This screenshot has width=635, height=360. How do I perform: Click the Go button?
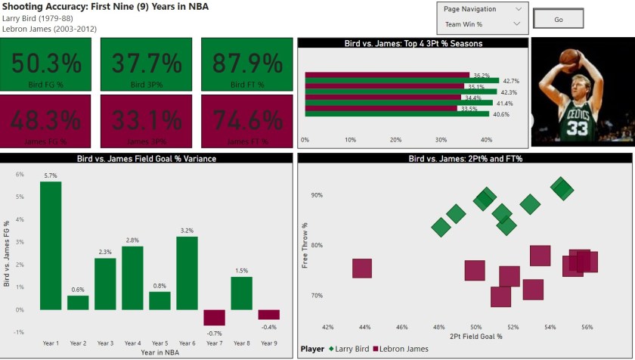pos(558,20)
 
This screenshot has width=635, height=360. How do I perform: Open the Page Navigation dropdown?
pos(482,9)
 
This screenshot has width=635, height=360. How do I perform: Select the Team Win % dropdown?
pos(482,24)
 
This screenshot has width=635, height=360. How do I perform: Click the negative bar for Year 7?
pos(214,318)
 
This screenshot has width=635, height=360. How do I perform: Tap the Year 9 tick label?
pos(268,343)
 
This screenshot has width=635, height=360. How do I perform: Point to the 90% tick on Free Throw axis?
pos(315,195)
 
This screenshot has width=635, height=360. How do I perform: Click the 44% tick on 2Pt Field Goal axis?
pos(365,327)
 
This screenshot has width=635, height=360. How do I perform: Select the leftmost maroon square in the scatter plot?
pos(362,268)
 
